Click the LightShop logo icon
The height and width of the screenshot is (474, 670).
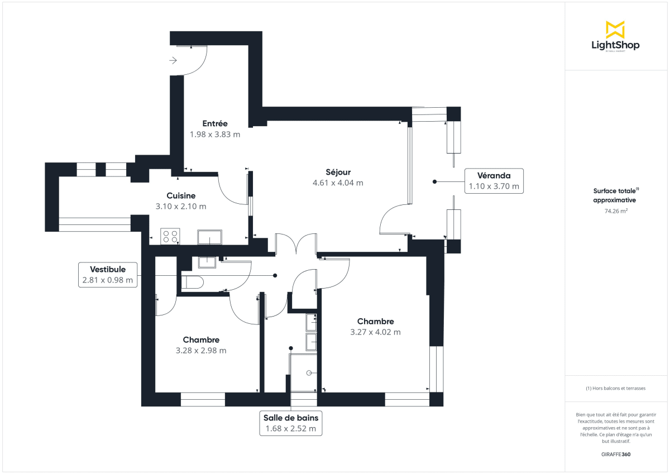(x=615, y=30)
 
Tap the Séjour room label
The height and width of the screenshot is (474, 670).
(x=338, y=172)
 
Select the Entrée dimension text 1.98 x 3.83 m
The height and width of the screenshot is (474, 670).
(x=215, y=134)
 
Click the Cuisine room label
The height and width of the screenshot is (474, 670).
(x=181, y=195)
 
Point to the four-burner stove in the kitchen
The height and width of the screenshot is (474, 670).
(x=170, y=237)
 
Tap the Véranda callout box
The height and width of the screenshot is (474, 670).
(x=494, y=181)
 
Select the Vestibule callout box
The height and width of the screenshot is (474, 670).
(x=108, y=275)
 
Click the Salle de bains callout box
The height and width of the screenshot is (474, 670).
(x=290, y=423)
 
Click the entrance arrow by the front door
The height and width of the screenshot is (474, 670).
(x=174, y=60)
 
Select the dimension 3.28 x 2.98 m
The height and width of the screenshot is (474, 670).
(x=201, y=351)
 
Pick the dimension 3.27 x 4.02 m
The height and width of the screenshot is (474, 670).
(x=375, y=332)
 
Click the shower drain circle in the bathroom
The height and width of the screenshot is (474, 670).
(x=309, y=372)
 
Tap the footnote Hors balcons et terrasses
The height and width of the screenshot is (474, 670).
(x=616, y=388)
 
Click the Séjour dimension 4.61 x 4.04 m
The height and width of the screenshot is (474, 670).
(x=338, y=183)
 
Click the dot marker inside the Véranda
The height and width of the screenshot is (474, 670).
(x=434, y=181)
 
